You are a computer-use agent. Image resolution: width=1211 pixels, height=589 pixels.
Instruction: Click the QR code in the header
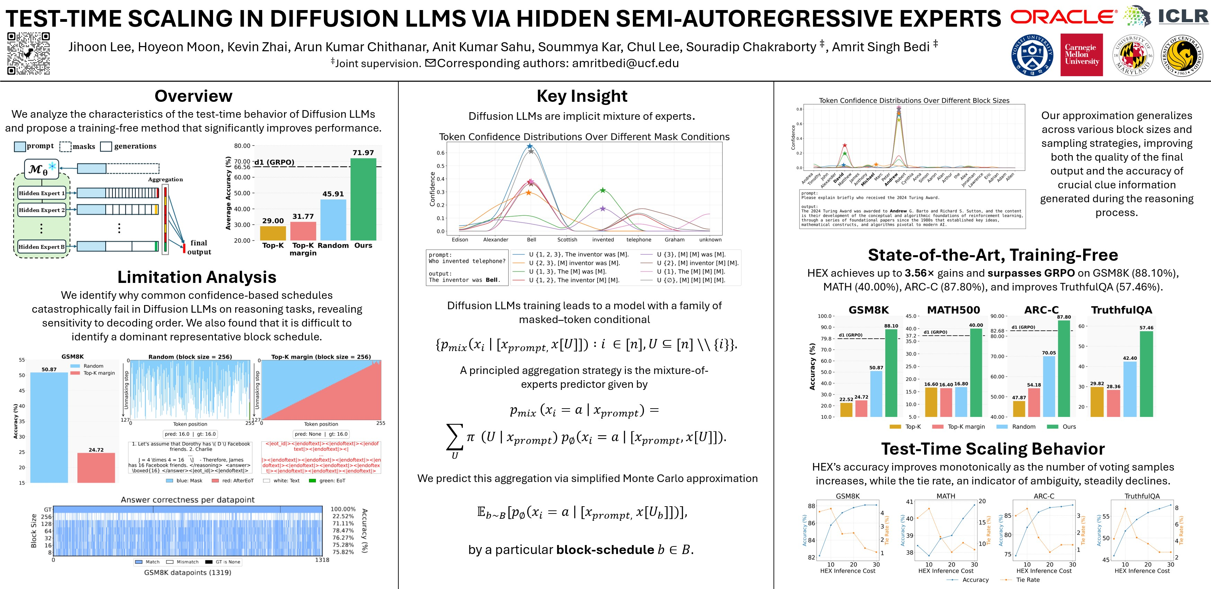(29, 54)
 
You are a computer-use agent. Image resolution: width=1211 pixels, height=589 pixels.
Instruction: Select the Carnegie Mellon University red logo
(1081, 54)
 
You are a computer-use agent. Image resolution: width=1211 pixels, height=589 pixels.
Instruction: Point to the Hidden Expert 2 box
(41, 210)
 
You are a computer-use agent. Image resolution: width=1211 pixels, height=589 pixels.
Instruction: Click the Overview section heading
(193, 96)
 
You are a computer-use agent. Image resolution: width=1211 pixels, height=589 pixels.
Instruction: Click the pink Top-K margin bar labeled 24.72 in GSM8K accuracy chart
(96, 467)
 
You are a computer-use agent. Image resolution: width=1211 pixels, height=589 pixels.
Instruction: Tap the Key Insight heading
(582, 96)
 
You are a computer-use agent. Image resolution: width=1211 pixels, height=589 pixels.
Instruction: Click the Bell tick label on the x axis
(531, 240)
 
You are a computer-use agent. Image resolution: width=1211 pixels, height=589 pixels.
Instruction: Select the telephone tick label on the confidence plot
(638, 240)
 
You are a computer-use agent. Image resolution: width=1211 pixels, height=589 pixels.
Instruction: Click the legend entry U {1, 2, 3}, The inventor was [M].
(578, 254)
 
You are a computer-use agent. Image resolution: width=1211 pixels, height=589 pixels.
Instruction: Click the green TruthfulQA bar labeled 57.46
(1146, 374)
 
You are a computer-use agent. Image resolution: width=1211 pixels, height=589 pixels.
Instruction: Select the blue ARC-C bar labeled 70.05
(1049, 386)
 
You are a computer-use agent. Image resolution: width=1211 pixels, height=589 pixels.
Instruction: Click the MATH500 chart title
(953, 310)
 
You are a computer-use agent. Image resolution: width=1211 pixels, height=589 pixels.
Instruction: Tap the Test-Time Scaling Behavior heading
(993, 449)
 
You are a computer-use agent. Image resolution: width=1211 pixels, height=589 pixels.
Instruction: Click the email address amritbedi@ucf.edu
(625, 63)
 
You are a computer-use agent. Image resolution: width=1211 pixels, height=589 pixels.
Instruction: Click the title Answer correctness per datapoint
(188, 500)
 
